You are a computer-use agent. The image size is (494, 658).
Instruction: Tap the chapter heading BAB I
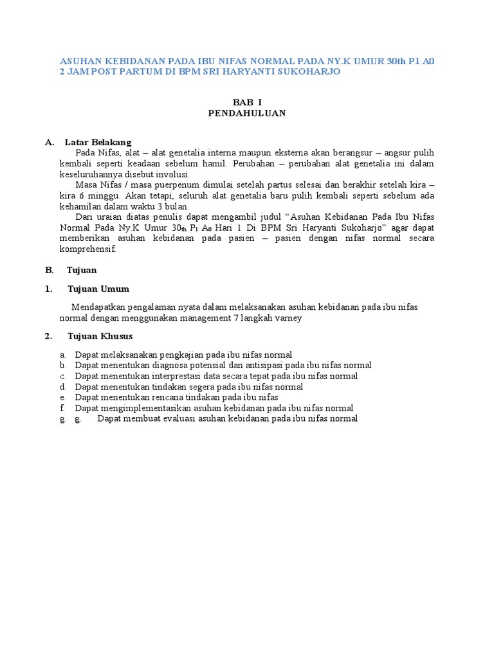pos(247,102)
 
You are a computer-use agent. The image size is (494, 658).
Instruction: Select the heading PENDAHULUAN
pos(247,113)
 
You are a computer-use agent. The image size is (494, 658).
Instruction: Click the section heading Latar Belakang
pos(98,142)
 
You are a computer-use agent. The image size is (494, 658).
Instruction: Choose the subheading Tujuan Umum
pos(98,289)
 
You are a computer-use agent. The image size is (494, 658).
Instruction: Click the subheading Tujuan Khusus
pos(100,336)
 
